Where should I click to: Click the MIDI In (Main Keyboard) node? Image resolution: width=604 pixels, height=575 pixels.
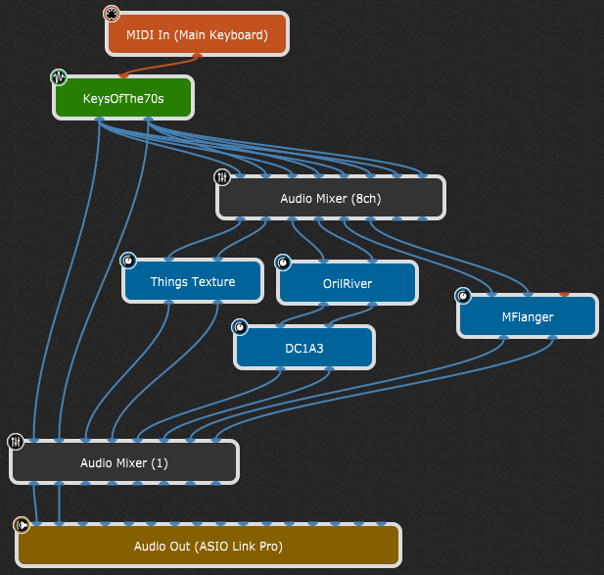tap(197, 35)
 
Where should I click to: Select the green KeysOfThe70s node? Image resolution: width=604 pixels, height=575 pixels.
tap(123, 98)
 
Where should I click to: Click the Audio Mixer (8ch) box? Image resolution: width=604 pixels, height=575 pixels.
tap(330, 198)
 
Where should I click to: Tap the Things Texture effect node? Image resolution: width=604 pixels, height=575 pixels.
tap(193, 282)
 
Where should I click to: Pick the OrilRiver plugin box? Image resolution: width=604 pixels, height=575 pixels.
tap(347, 283)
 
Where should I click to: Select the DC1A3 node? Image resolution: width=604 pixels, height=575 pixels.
tap(304, 348)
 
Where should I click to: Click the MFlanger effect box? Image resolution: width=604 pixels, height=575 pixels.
tap(528, 316)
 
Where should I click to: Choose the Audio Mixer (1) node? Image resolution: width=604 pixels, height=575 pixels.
tap(124, 462)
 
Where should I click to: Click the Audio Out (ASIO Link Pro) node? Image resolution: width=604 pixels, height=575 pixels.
tap(208, 546)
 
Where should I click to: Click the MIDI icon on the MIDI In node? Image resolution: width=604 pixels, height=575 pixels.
tap(112, 15)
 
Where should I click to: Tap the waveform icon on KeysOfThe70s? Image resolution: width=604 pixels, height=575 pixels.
tap(59, 77)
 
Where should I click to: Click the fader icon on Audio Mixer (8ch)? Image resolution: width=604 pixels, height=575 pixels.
tap(222, 177)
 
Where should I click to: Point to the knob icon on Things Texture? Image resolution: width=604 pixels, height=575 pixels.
tap(128, 261)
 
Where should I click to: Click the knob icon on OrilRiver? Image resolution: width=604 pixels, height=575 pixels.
tap(283, 263)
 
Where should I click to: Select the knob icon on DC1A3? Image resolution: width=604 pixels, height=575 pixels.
tap(240, 327)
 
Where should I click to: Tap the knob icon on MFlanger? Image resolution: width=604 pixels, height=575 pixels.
tap(463, 296)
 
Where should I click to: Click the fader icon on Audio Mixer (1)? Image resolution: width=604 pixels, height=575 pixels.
tap(16, 442)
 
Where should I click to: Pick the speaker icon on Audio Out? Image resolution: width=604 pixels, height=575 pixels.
tap(22, 525)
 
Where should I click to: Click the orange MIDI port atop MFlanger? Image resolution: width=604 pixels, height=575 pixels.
tap(564, 294)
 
